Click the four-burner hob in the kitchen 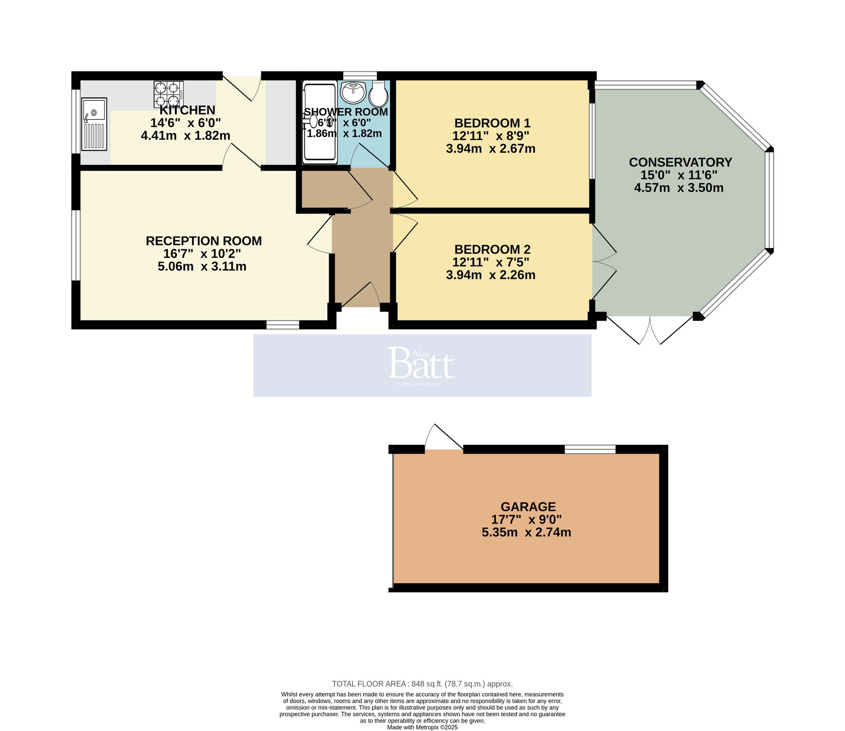click(169, 94)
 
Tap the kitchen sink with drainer click(94, 124)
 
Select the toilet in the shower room click(379, 94)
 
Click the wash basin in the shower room click(353, 92)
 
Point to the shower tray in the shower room click(320, 122)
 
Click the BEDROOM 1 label click(492, 123)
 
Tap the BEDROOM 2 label click(492, 249)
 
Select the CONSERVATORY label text click(680, 162)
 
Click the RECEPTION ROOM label click(204, 241)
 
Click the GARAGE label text click(528, 506)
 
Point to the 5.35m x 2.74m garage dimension click(526, 532)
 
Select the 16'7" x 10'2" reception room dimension click(202, 254)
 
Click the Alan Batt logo click(422, 365)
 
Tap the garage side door click(444, 439)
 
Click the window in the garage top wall click(590, 449)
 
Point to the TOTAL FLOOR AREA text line click(422, 684)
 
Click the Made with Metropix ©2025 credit click(422, 727)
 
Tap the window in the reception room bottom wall click(283, 325)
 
